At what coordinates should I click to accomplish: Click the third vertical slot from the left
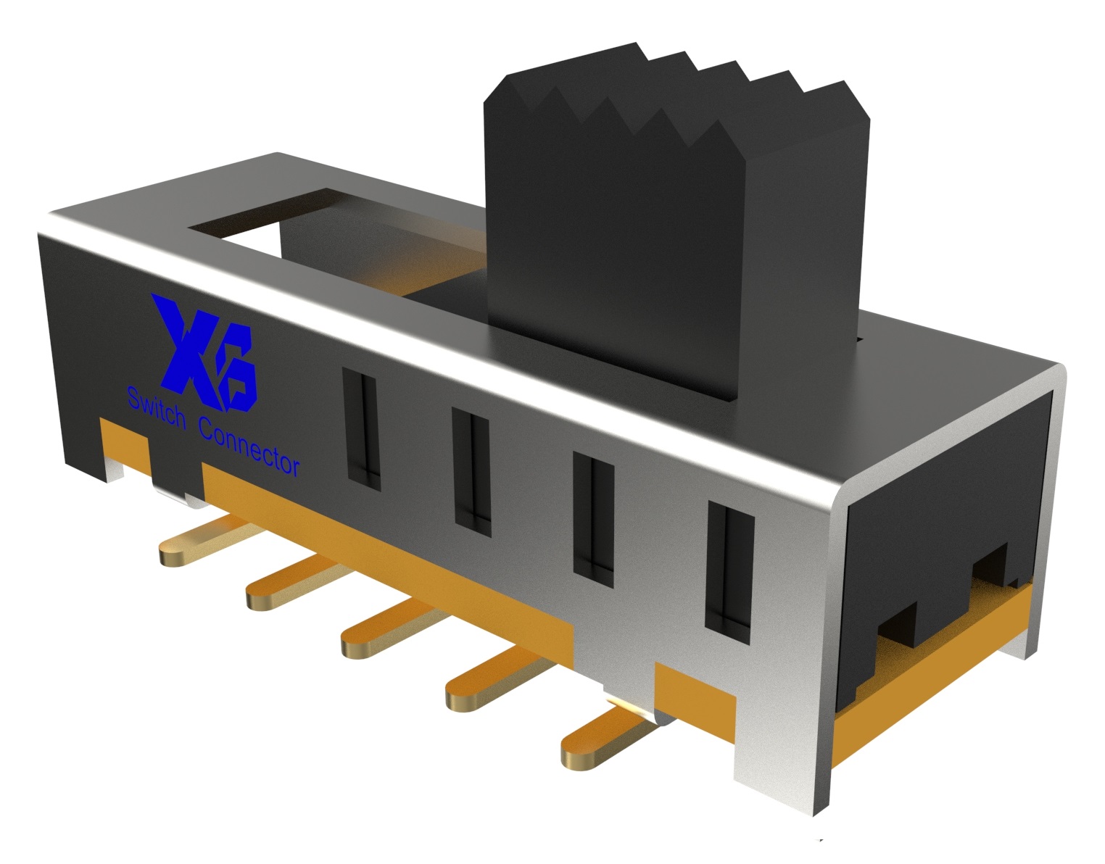pyautogui.click(x=593, y=513)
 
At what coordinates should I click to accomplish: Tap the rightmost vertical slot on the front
pyautogui.click(x=729, y=565)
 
